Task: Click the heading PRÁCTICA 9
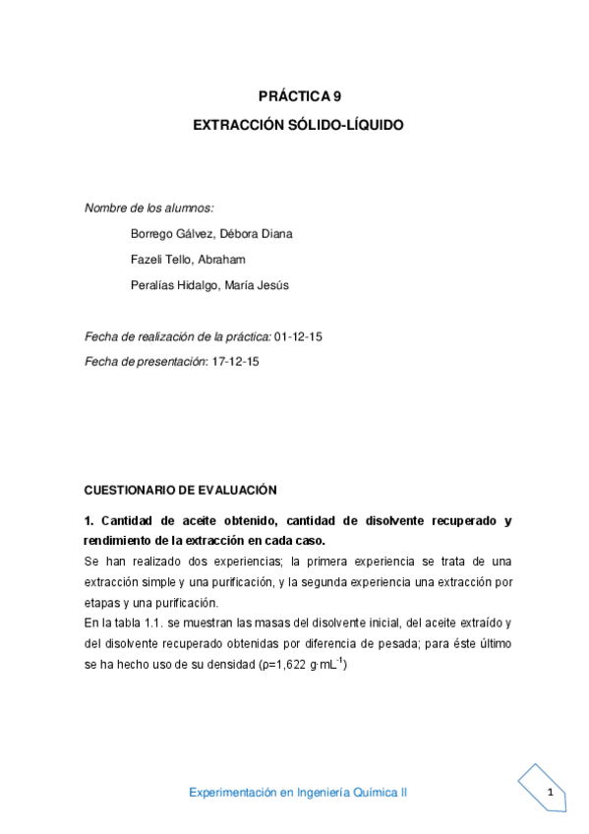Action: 299,96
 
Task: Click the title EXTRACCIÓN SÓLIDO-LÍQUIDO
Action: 298,126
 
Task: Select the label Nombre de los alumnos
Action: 149,208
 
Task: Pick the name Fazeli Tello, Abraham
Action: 187,259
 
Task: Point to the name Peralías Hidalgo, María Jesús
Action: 209,285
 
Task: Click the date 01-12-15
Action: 299,336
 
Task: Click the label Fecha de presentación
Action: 147,361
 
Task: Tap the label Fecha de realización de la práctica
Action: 178,336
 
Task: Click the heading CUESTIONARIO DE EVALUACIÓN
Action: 181,489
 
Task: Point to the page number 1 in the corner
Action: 551,793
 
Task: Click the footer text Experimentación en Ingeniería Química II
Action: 298,793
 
